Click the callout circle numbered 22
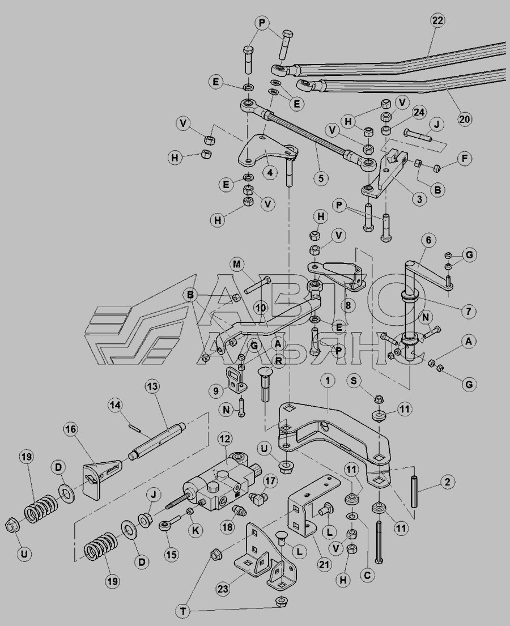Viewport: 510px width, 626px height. coord(437,20)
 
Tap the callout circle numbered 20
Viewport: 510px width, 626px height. coord(465,120)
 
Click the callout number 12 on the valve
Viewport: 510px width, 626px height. coord(225,438)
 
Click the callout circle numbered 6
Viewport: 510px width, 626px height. coord(428,240)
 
